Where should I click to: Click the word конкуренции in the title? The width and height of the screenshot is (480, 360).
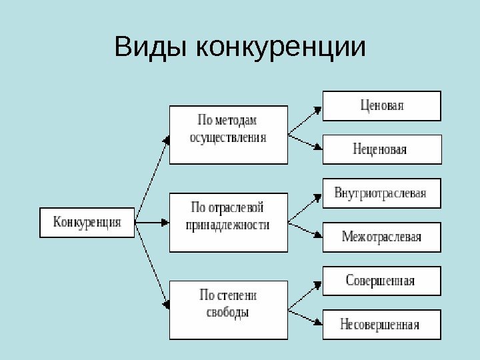tap(282, 47)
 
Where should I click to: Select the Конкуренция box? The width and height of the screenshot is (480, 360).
tap(87, 223)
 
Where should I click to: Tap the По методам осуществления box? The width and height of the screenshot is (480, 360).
tap(228, 134)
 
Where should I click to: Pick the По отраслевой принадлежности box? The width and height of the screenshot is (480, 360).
tap(228, 222)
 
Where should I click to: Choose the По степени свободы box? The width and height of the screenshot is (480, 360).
tap(228, 309)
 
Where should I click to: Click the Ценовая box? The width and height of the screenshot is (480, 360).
tap(381, 105)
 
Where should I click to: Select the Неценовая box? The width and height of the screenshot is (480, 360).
tap(381, 149)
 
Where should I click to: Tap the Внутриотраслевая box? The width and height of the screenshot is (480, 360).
tap(381, 193)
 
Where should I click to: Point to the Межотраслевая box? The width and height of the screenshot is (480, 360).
tap(381, 237)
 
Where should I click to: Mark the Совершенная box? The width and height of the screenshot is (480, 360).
tap(381, 281)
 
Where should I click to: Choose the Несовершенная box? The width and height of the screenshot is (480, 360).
tap(381, 325)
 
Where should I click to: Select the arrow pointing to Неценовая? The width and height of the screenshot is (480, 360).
tap(304, 143)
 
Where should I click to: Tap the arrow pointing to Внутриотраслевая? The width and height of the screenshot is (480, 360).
tap(304, 206)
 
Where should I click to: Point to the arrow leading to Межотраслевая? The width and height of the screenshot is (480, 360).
tap(304, 229)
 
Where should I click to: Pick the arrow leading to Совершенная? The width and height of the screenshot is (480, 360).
tap(304, 294)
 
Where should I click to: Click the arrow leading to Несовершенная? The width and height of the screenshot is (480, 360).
tap(304, 317)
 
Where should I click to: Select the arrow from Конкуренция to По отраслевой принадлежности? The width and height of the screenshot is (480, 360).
tap(152, 222)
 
